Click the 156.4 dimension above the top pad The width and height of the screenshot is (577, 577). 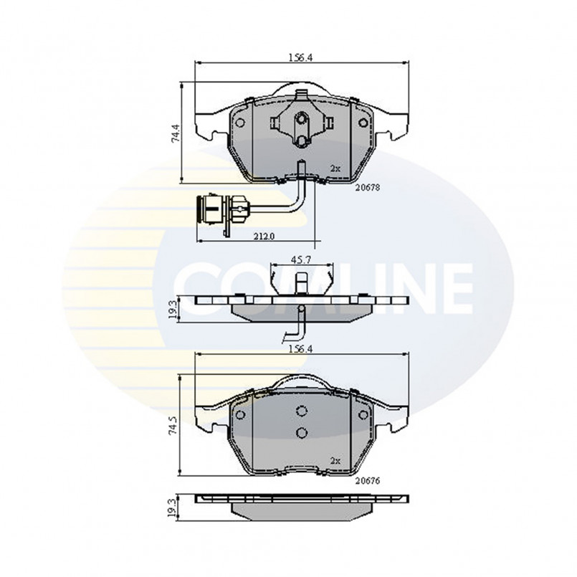tap(300, 58)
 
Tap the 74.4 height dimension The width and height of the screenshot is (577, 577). tap(176, 133)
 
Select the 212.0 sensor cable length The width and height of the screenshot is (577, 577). tap(264, 237)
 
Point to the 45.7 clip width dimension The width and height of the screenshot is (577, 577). tap(301, 259)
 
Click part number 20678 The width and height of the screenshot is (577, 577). tap(367, 188)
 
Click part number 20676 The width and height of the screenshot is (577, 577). tap(367, 480)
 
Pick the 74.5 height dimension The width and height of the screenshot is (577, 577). tap(173, 426)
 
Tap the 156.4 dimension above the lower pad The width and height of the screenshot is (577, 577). tap(300, 349)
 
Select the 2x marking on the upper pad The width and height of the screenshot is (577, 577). tap(335, 169)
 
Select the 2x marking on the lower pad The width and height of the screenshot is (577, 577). tap(335, 461)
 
